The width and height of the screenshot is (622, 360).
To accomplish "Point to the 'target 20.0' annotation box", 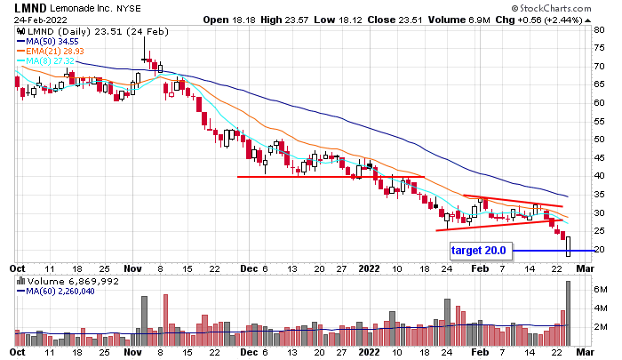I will [x=478, y=251].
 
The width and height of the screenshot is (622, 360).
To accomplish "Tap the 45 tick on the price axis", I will [x=600, y=157].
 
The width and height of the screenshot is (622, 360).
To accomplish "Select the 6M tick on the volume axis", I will [x=601, y=290].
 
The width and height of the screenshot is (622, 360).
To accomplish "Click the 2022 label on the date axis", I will [x=369, y=267].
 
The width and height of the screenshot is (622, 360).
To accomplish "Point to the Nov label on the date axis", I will [x=133, y=267].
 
